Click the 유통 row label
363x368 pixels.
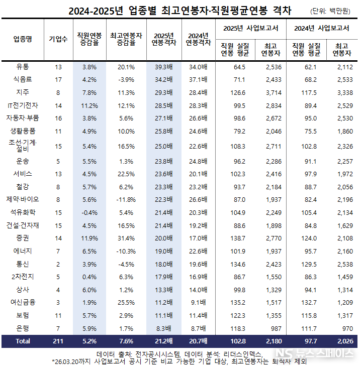22,67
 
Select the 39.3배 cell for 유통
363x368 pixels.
162,67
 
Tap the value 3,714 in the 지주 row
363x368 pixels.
271,92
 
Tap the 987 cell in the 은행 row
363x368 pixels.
276,328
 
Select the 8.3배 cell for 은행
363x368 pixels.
163,328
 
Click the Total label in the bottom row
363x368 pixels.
22,341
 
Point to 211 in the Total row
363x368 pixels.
58,341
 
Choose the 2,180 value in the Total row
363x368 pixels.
271,341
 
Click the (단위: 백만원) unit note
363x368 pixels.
332,11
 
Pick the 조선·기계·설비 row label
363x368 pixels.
22,146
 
